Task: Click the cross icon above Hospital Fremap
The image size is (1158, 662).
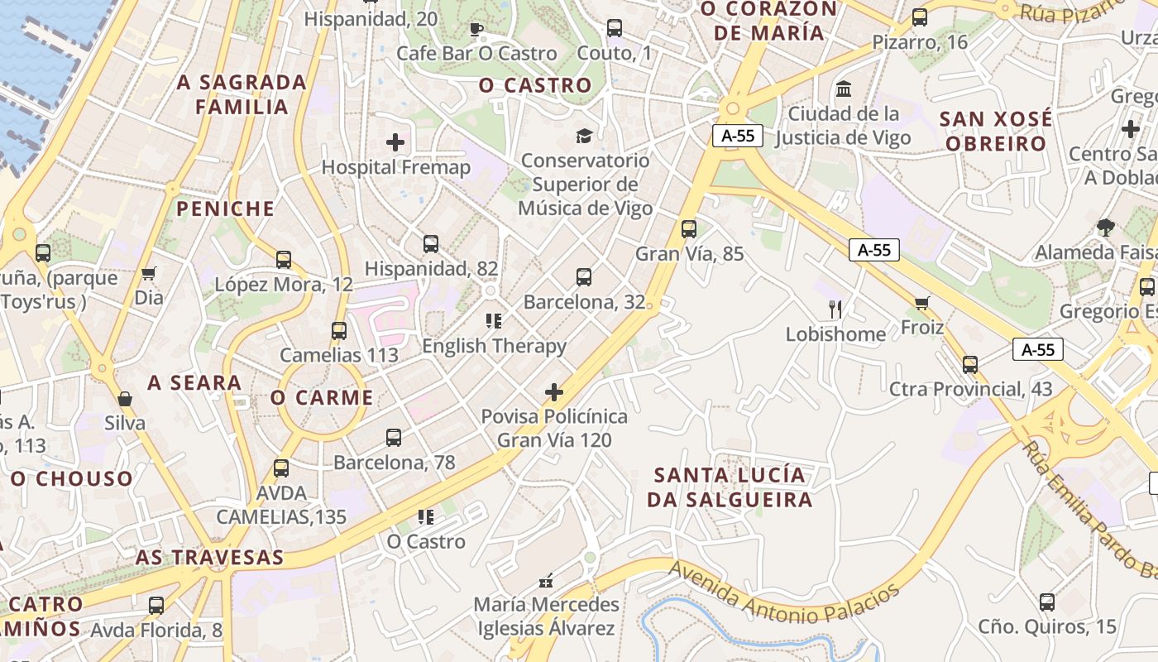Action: pos(395,142)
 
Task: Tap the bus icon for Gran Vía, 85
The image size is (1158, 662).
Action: pos(688,229)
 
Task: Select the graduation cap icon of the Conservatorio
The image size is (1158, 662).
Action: pos(585,136)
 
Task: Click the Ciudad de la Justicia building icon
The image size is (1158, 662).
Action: pos(844,89)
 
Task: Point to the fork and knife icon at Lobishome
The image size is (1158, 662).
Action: pos(835,309)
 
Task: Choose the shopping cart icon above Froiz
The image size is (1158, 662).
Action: pos(922,303)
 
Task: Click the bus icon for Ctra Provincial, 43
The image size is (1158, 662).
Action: pos(969,364)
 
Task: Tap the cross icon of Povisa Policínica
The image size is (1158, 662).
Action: pos(554,391)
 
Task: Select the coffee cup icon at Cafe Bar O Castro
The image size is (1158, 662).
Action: pos(476,30)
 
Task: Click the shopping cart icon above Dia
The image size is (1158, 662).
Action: pos(149,273)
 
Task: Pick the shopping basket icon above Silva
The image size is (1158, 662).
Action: pos(125,399)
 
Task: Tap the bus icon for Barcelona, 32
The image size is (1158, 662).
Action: pos(584,277)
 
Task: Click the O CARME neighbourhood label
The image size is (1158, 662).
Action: pos(322,397)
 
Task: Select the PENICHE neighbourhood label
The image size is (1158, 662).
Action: pos(225,209)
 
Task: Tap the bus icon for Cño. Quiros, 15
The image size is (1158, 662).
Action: pos(1047,602)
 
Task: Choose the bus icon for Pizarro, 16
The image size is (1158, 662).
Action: pos(919,17)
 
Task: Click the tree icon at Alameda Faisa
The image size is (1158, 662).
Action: pos(1105,227)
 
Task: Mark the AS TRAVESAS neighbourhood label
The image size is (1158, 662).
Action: pos(209,557)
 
